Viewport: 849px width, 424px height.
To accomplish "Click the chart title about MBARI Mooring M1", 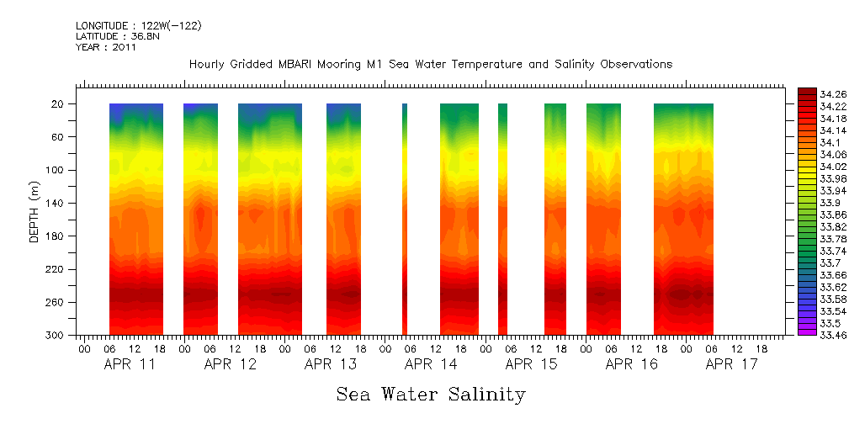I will (431, 64).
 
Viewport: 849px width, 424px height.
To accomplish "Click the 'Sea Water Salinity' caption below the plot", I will (431, 394).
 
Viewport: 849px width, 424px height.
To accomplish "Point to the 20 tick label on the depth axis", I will (59, 104).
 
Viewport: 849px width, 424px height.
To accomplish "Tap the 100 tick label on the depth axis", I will (56, 170).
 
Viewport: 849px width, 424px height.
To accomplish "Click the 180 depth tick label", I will (56, 236).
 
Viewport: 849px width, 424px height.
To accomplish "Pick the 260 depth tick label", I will (56, 302).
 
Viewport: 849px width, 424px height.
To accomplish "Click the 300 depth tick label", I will (56, 336).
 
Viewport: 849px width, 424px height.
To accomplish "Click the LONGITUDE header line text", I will (138, 26).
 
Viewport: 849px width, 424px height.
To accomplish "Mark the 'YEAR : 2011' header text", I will (105, 47).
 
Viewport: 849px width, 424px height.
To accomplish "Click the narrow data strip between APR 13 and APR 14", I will (405, 219).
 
